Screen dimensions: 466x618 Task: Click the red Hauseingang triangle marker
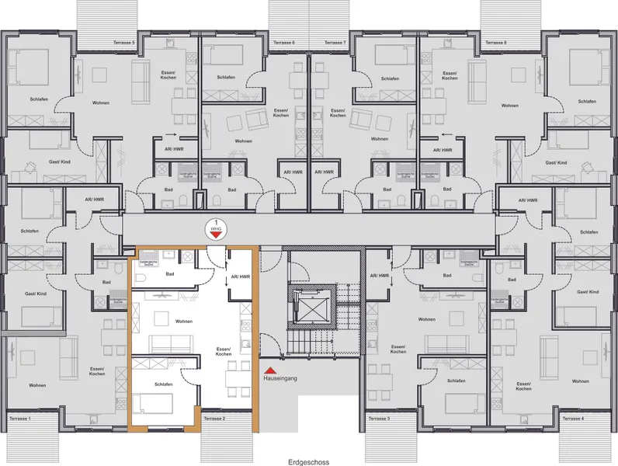click(269, 372)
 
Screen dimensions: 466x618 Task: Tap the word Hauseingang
click(281, 381)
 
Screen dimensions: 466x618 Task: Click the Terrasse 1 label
click(19, 419)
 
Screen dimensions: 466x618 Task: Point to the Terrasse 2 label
click(214, 419)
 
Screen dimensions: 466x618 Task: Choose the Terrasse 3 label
click(377, 419)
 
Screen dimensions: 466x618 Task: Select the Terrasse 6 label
click(283, 43)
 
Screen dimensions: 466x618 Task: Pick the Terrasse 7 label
click(334, 43)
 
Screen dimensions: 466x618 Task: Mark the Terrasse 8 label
click(495, 43)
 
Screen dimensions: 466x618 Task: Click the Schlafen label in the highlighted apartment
click(163, 384)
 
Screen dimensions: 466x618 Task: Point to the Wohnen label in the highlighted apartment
click(183, 321)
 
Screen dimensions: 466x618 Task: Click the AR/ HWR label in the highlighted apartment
click(240, 276)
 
